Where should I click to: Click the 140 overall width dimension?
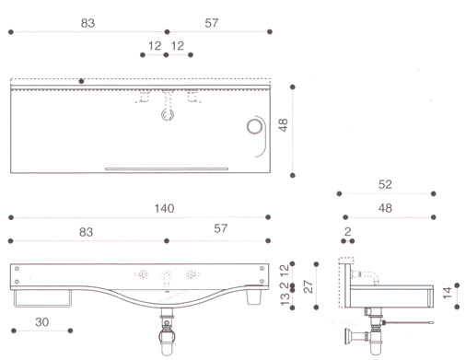(164, 209)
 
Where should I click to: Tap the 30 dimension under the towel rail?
(42, 322)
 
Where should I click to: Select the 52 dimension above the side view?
(385, 184)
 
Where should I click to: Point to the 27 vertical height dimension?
(309, 286)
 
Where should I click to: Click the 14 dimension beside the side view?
(448, 293)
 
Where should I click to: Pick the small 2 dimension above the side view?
(347, 232)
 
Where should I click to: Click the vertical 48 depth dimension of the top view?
(283, 125)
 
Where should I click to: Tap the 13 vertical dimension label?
(285, 299)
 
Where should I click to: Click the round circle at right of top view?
(254, 126)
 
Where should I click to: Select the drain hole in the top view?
(168, 114)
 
